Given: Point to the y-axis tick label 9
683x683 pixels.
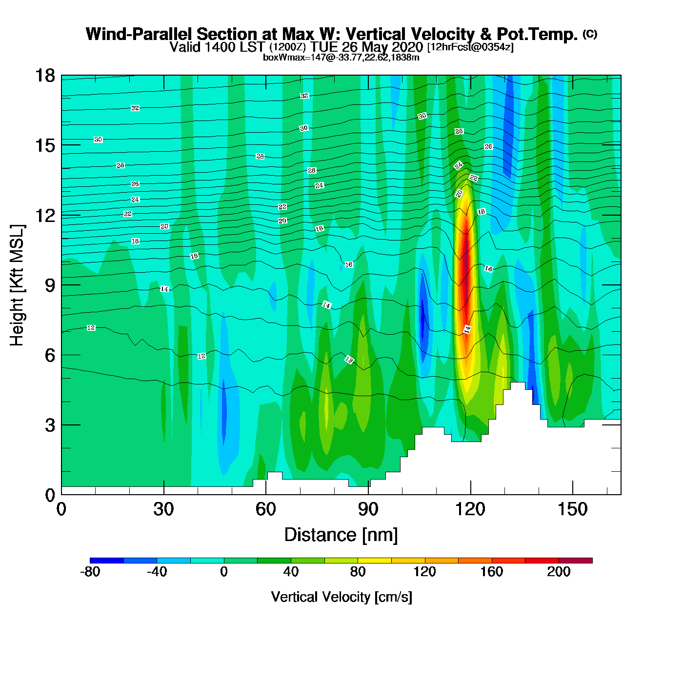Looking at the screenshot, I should point(50,285).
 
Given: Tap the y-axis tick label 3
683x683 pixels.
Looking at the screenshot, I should point(50,425).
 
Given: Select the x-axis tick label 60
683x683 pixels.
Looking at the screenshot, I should point(265,509).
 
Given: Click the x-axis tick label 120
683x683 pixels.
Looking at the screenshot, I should point(470,509).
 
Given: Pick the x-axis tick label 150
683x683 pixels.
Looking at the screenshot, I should point(572,509).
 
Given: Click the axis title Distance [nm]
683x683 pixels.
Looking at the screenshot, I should point(341,535).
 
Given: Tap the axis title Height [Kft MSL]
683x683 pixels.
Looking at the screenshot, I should point(17,285).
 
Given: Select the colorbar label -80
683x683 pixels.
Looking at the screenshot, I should point(90,572).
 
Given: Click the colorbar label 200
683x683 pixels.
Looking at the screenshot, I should point(559,572).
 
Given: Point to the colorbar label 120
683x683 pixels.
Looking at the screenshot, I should point(424,572).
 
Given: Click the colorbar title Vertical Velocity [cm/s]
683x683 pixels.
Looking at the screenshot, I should point(341,597).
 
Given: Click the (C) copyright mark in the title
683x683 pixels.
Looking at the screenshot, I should point(589,34).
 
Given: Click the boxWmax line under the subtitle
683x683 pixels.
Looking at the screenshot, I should point(341,58).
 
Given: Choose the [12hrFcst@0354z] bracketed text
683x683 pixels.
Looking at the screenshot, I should point(470,47).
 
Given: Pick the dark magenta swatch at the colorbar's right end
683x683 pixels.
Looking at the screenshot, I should point(576,561).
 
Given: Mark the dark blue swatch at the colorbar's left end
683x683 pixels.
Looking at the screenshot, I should point(106,561).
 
